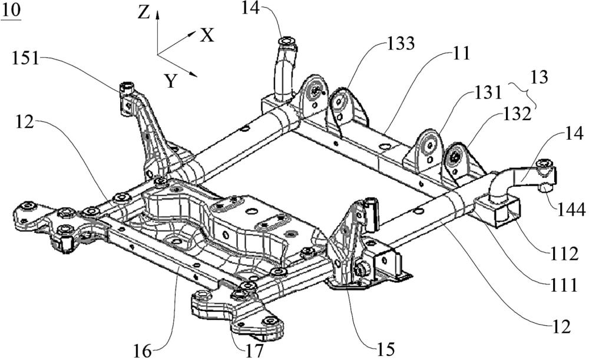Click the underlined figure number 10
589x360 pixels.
click(x=12, y=11)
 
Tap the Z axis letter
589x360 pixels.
click(x=144, y=13)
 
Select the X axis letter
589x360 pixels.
click(x=207, y=36)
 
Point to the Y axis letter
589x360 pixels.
click(x=171, y=81)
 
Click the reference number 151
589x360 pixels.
click(x=25, y=59)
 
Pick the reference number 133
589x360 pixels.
click(x=401, y=44)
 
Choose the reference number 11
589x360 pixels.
click(x=461, y=54)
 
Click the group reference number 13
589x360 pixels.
click(x=539, y=77)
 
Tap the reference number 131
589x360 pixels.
click(x=488, y=93)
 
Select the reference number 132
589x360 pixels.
click(x=517, y=114)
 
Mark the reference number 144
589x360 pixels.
click(x=571, y=210)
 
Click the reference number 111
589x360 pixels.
click(x=564, y=286)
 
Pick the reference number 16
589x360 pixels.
click(x=143, y=352)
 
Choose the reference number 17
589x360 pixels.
click(x=254, y=351)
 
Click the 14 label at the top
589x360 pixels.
click(x=250, y=8)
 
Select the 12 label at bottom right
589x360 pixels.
click(x=561, y=326)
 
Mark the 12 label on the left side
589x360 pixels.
click(x=25, y=123)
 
